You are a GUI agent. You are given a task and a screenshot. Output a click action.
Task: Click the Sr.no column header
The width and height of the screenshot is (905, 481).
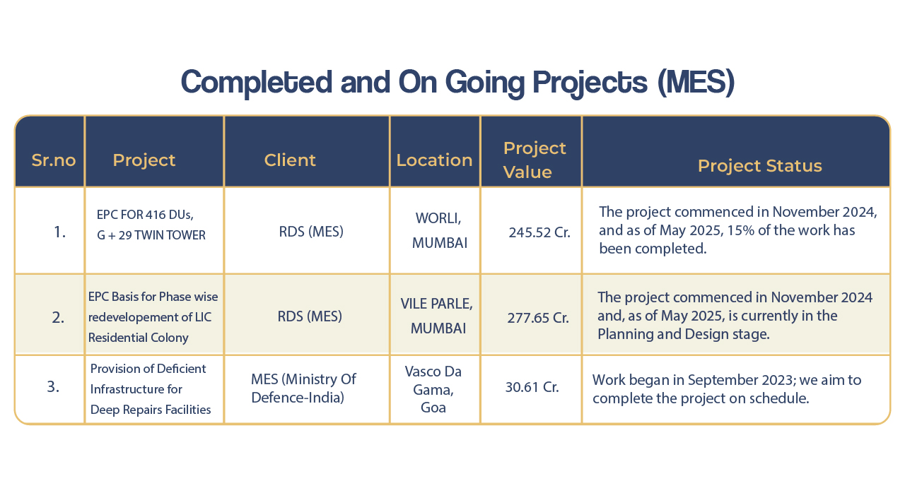54,160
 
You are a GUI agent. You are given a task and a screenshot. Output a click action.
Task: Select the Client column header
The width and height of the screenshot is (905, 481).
290,160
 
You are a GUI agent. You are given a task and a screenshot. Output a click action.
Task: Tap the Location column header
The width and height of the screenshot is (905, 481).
434,160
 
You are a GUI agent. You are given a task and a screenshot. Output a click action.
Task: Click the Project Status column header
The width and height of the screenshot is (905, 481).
760,166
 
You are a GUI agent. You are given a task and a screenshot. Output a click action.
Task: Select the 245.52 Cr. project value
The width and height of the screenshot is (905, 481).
539,232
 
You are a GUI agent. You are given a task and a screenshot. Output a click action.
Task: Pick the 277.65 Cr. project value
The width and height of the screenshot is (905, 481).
538,318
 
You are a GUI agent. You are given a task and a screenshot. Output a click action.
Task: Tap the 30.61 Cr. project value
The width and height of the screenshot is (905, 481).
532,387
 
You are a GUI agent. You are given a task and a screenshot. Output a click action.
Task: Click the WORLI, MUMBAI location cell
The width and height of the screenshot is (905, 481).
439,230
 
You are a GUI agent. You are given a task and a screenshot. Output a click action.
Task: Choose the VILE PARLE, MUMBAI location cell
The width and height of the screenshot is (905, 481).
437,316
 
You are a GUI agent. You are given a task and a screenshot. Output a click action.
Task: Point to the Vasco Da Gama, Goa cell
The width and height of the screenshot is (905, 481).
433,389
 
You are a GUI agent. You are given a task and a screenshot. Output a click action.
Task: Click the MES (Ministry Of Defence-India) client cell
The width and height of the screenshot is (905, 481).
303,388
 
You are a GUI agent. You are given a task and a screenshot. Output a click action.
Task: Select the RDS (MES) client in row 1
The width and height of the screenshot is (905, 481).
311,232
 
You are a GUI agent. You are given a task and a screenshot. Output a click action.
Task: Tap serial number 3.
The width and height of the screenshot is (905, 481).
53,386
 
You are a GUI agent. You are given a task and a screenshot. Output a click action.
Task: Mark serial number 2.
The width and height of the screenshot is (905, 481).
58,318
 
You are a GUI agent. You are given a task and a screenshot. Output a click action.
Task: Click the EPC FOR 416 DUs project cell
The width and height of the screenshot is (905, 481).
151,225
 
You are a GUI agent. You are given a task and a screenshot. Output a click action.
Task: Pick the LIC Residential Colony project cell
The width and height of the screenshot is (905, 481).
153,317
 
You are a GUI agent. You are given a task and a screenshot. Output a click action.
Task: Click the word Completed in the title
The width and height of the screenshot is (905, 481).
257,83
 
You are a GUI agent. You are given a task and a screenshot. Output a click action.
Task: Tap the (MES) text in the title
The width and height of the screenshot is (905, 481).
696,83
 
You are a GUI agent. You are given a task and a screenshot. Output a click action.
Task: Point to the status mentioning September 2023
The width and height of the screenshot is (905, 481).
726,389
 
